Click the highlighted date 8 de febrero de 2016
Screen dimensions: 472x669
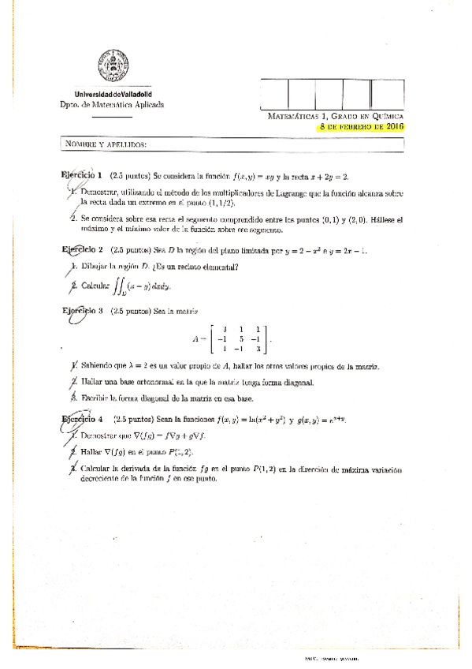[x=362, y=126]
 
